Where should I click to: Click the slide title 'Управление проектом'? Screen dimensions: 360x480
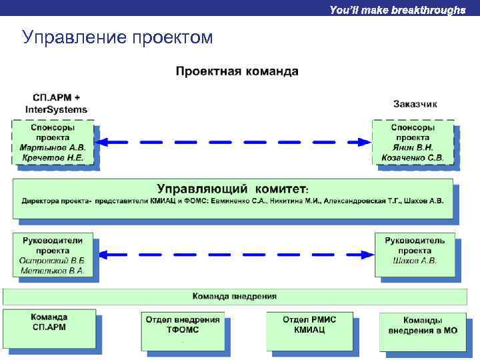click(117, 37)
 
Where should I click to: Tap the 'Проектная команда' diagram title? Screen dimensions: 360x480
click(237, 71)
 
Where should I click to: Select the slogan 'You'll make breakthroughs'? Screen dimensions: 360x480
click(397, 10)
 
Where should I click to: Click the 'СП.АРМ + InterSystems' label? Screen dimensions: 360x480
click(56, 103)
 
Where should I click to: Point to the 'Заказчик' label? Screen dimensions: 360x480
click(415, 104)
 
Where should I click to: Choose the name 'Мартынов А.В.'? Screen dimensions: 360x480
click(53, 147)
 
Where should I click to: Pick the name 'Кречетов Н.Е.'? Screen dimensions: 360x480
click(53, 158)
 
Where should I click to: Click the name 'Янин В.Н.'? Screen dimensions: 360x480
click(413, 147)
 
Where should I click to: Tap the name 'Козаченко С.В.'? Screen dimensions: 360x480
click(413, 158)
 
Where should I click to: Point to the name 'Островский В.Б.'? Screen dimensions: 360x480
click(53, 261)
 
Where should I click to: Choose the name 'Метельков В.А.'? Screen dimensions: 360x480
click(53, 271)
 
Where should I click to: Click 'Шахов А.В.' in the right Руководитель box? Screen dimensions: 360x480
click(415, 261)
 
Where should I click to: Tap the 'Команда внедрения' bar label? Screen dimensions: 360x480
click(234, 296)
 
